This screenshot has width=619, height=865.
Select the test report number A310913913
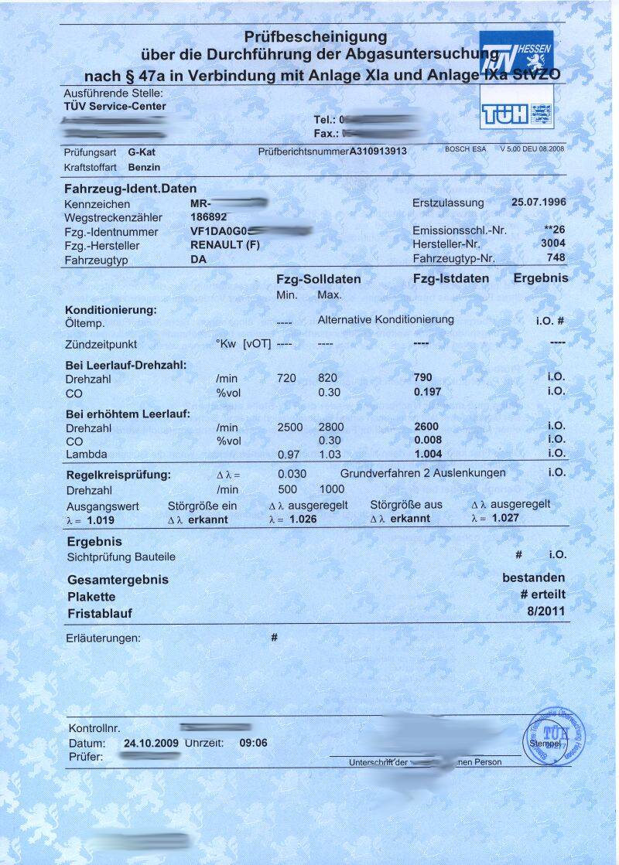[378, 152]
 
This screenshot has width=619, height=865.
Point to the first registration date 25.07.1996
[539, 202]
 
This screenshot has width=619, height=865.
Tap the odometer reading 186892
[209, 217]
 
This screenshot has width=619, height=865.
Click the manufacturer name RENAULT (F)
[224, 246]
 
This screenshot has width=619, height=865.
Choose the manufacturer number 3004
[552, 243]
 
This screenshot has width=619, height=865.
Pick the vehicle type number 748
[556, 257]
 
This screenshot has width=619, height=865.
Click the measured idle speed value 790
[423, 377]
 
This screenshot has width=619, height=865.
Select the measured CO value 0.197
[427, 391]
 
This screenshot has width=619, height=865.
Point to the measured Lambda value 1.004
[428, 454]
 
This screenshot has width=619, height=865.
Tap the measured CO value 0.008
[427, 440]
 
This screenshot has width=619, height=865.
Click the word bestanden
[533, 577]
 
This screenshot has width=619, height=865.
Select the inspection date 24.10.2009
[151, 743]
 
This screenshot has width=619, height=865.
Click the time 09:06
[254, 743]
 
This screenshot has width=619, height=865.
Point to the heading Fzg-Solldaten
[319, 279]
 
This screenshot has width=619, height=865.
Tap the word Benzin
[144, 166]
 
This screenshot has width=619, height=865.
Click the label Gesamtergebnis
[118, 580]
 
